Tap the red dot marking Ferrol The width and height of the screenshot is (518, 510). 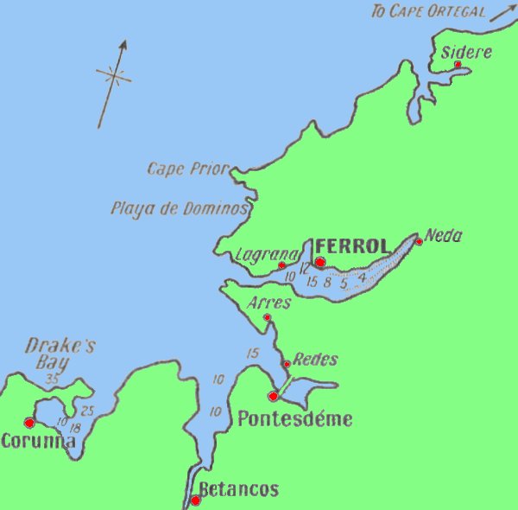click(x=319, y=261)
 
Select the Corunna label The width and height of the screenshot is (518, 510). click(x=38, y=441)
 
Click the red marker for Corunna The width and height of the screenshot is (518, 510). click(x=29, y=423)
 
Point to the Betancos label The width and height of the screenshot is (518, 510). click(x=239, y=490)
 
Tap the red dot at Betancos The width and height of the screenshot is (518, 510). click(x=196, y=500)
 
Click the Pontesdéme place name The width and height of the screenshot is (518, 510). click(x=294, y=420)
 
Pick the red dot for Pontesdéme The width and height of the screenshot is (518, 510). click(x=273, y=396)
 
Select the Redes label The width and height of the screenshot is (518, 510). click(x=315, y=360)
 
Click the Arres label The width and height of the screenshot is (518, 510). click(x=268, y=303)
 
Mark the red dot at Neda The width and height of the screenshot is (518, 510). click(x=419, y=241)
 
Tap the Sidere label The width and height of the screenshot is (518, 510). click(x=466, y=52)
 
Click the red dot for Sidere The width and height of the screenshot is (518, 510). click(x=458, y=64)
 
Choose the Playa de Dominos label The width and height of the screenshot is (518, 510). click(x=180, y=208)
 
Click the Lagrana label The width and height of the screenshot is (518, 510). click(x=266, y=254)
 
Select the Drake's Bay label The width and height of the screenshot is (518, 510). click(x=60, y=353)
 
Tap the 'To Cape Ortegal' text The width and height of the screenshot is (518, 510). click(x=427, y=11)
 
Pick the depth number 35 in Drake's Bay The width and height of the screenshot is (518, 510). click(x=54, y=379)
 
